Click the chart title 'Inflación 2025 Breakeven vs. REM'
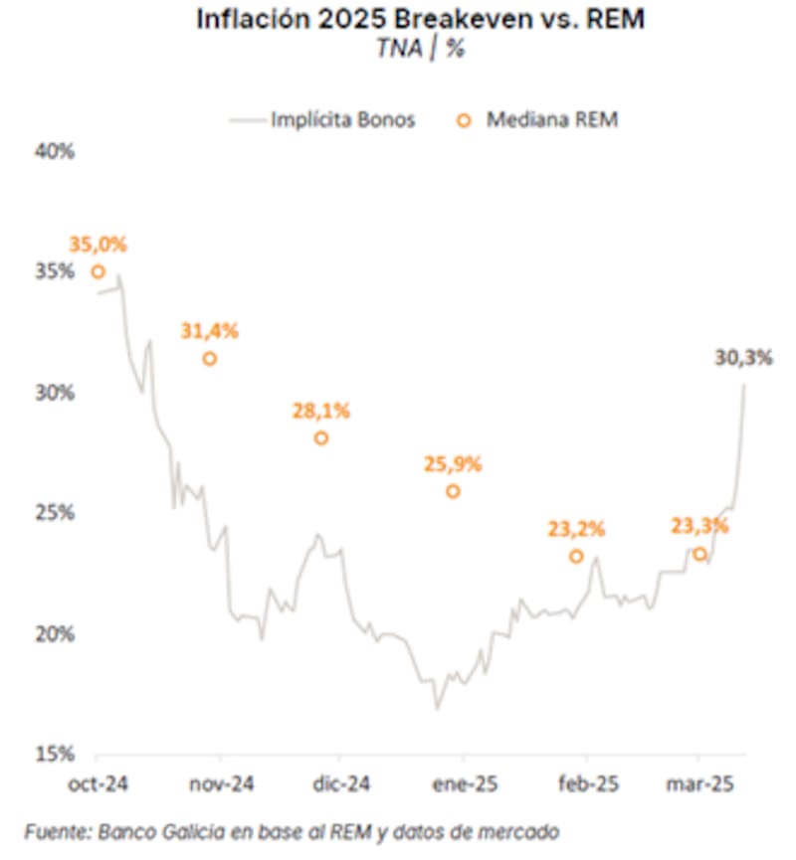tap(419, 20)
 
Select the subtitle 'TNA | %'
tap(419, 49)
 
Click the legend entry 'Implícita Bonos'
tap(342, 119)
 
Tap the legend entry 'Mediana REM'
tap(551, 119)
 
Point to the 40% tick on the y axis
tap(56, 151)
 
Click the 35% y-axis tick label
tap(56, 271)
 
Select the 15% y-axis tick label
tap(56, 755)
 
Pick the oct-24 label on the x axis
tap(98, 783)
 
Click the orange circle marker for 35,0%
tap(98, 271)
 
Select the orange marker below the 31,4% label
tap(209, 358)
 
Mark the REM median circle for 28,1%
tap(320, 437)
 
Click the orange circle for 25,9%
tap(453, 491)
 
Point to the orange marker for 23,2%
tap(576, 556)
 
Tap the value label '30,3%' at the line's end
tap(743, 358)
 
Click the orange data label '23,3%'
tap(699, 525)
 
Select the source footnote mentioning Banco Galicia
tap(293, 830)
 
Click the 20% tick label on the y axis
tap(56, 634)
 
